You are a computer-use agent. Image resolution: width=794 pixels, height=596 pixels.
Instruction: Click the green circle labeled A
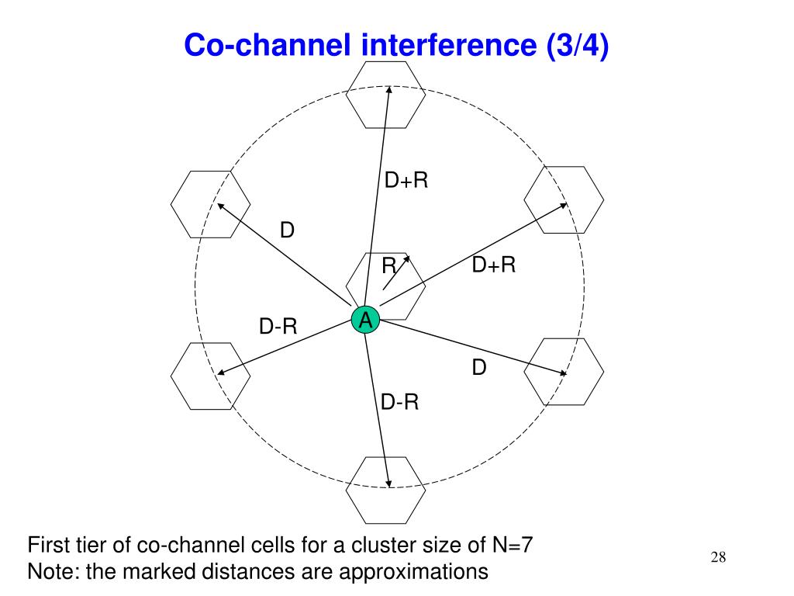(365, 320)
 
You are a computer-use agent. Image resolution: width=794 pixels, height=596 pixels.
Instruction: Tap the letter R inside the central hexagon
(389, 265)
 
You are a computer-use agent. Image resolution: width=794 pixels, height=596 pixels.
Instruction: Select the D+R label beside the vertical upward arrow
(406, 180)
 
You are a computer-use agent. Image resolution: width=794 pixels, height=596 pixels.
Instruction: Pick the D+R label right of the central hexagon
(494, 265)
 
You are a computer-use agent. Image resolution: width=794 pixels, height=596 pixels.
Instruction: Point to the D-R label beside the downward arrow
(399, 402)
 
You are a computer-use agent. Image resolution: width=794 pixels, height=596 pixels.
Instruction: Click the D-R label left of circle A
(278, 326)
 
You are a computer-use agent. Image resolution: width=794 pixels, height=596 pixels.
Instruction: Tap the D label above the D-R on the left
(287, 230)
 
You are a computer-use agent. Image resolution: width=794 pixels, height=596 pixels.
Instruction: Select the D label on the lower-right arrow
(479, 367)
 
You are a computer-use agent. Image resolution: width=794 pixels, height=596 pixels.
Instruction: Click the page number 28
(718, 557)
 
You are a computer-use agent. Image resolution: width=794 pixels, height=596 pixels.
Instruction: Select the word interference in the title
(449, 44)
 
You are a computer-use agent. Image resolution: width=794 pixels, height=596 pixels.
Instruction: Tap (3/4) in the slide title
(577, 46)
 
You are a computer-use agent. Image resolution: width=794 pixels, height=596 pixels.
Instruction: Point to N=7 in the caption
(513, 545)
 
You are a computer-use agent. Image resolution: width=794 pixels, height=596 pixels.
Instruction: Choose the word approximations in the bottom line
(414, 573)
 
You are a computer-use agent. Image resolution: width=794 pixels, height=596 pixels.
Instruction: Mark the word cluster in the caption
(375, 545)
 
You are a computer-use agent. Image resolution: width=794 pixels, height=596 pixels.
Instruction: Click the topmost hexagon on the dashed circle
(385, 95)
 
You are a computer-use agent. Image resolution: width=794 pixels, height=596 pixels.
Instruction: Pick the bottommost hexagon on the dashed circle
(385, 490)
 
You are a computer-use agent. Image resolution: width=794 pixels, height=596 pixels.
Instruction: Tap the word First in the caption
(47, 545)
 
